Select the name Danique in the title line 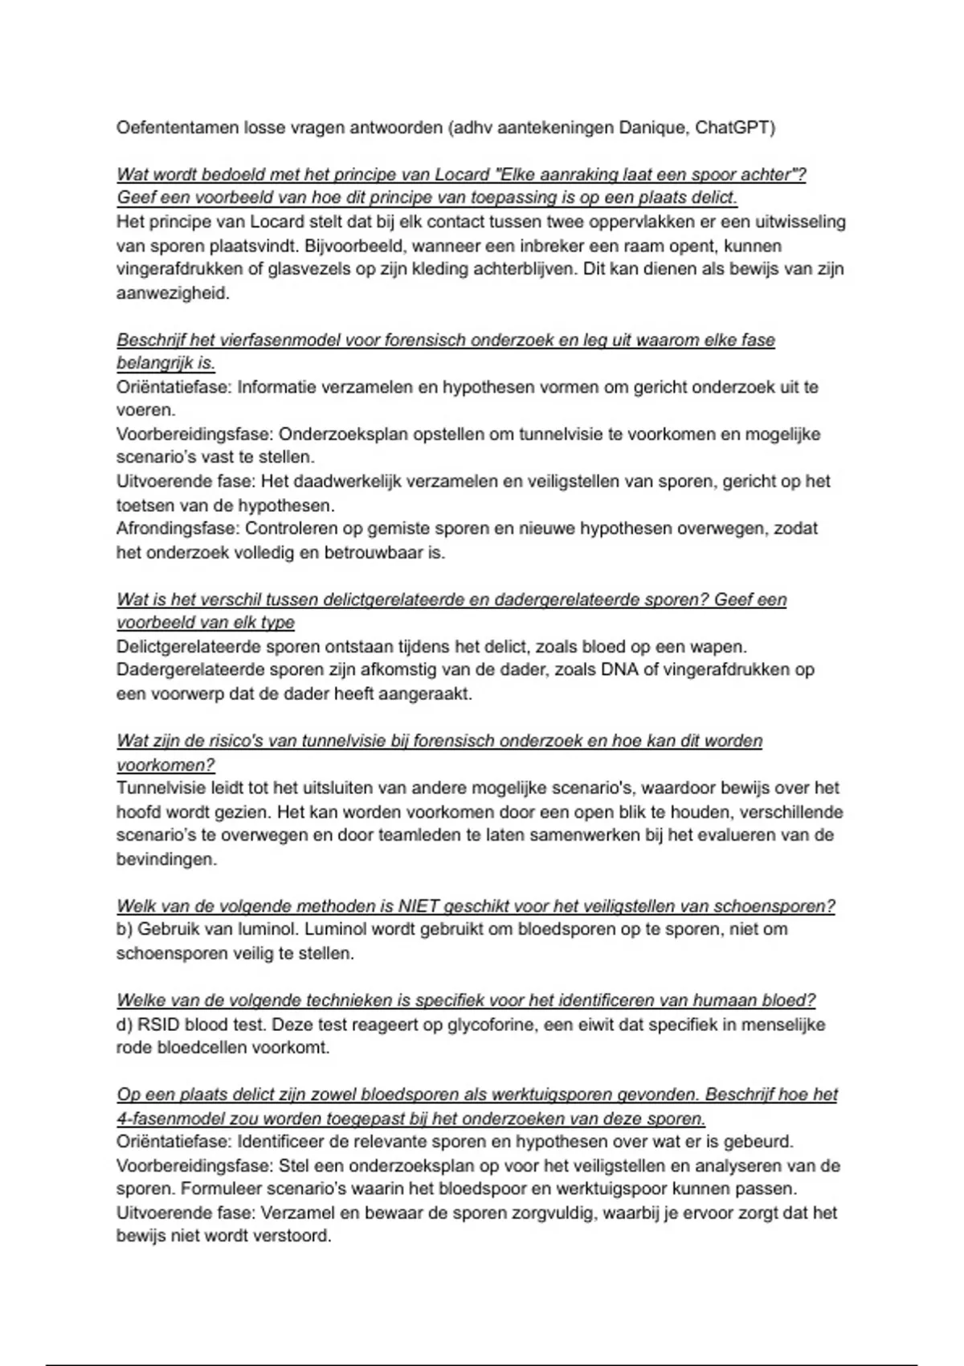tap(652, 128)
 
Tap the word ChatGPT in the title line tap(735, 128)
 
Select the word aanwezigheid tap(173, 293)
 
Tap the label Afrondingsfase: tap(178, 529)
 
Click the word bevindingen tap(166, 859)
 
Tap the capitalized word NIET tap(419, 906)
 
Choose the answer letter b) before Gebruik tap(125, 930)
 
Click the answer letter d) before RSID tap(125, 1024)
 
